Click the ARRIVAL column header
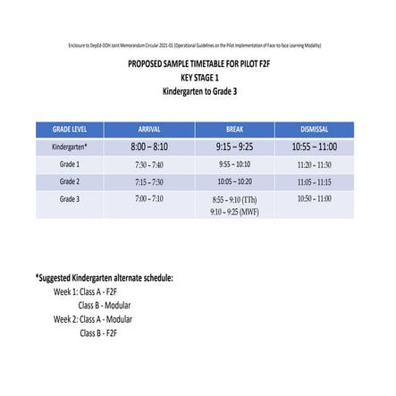click(x=149, y=129)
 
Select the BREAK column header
click(x=234, y=129)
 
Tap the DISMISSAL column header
click(x=315, y=129)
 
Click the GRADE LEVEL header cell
click(x=69, y=129)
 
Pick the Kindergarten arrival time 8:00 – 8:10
click(x=149, y=147)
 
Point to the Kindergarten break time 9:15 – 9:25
click(x=234, y=147)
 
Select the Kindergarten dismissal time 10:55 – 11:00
click(x=315, y=147)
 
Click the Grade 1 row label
click(x=69, y=164)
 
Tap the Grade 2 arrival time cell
click(x=149, y=181)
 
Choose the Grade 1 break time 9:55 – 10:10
click(x=234, y=164)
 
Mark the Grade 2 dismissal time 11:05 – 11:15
click(x=315, y=181)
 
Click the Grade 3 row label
click(x=69, y=198)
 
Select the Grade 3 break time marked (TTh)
click(x=234, y=199)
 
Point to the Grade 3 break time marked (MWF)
click(x=234, y=212)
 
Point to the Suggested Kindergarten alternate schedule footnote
click(x=105, y=278)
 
